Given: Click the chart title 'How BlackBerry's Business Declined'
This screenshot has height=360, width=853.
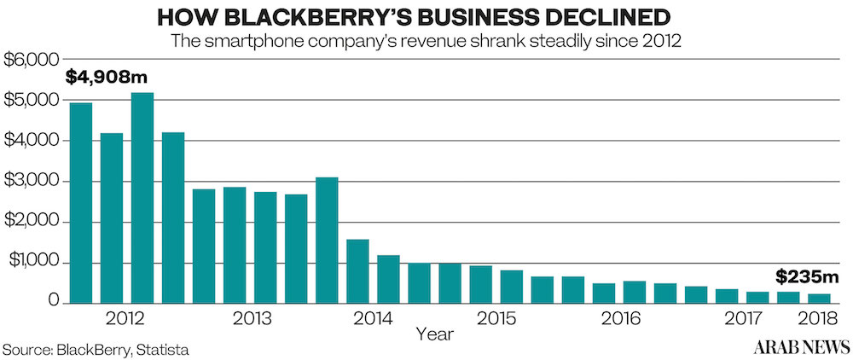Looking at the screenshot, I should click(x=426, y=17).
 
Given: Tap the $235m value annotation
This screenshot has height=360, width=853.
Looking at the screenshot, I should click(x=806, y=277).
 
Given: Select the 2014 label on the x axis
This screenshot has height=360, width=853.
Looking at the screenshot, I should click(x=372, y=320).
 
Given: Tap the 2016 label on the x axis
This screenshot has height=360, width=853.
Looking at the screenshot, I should click(x=619, y=320).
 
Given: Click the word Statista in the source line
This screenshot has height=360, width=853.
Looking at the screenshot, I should click(x=160, y=350).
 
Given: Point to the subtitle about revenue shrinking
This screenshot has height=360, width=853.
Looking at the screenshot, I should click(x=426, y=41).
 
